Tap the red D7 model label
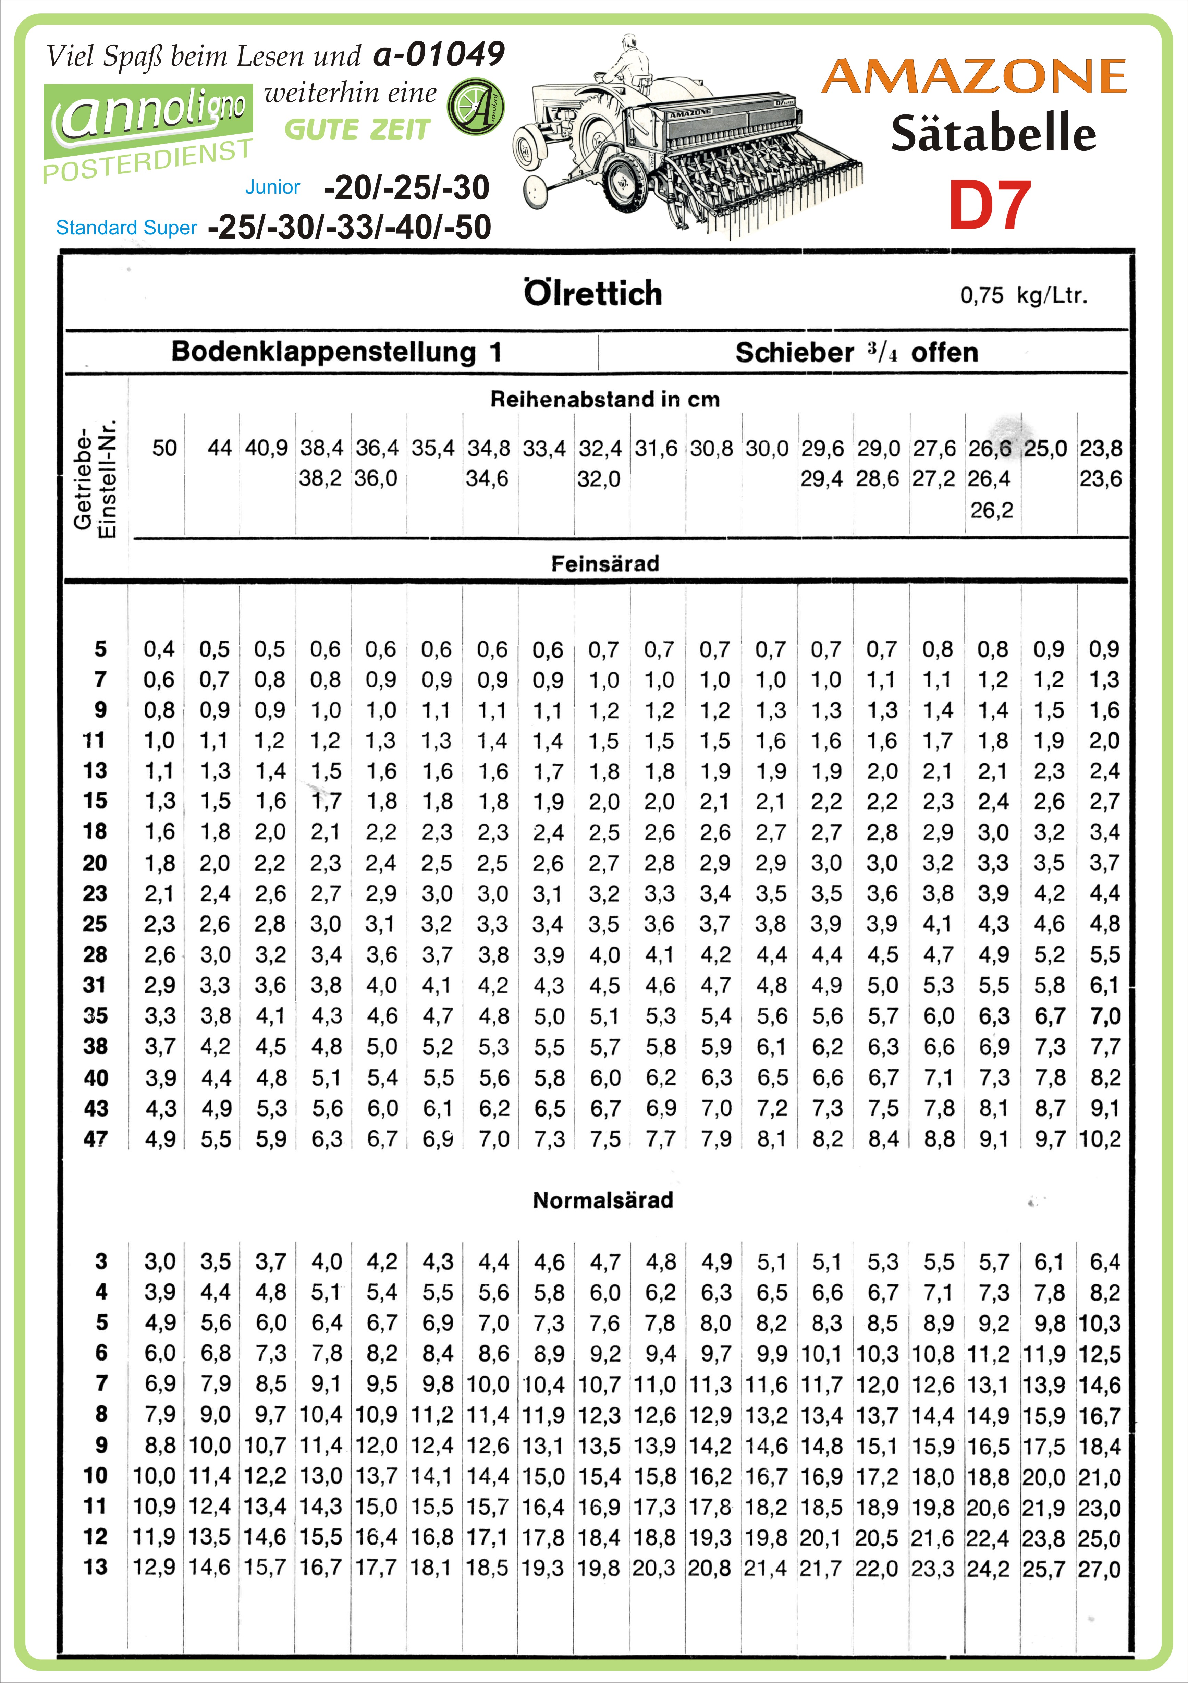point(989,206)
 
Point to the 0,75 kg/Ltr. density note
point(1023,295)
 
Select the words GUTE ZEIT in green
point(357,131)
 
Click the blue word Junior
point(272,187)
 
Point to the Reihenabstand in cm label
point(605,400)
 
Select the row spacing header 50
point(164,448)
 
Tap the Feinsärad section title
point(605,564)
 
